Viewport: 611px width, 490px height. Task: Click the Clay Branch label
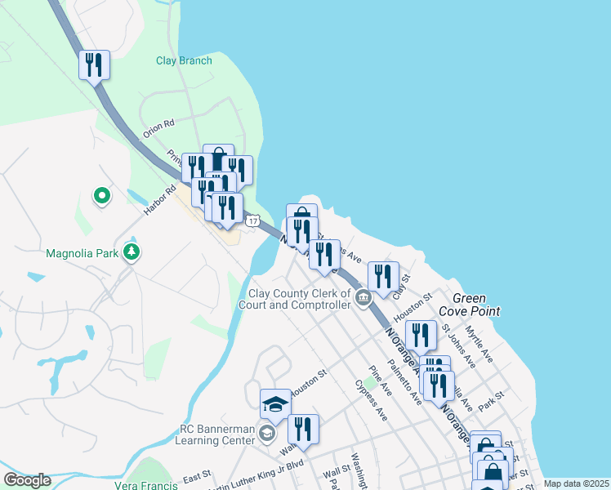(x=184, y=60)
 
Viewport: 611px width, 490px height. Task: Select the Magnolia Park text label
(x=84, y=252)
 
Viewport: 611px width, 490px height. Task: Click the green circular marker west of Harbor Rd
(x=101, y=196)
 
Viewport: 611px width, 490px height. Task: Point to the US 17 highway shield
(x=254, y=220)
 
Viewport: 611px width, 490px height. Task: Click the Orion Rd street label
(x=158, y=128)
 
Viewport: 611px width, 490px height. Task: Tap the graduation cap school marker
(x=276, y=404)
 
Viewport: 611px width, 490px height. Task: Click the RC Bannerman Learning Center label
(x=216, y=434)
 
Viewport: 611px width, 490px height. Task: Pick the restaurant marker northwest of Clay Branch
(x=94, y=65)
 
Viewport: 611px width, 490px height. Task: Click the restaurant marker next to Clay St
(x=382, y=276)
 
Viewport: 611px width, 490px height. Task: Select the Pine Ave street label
(x=381, y=380)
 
